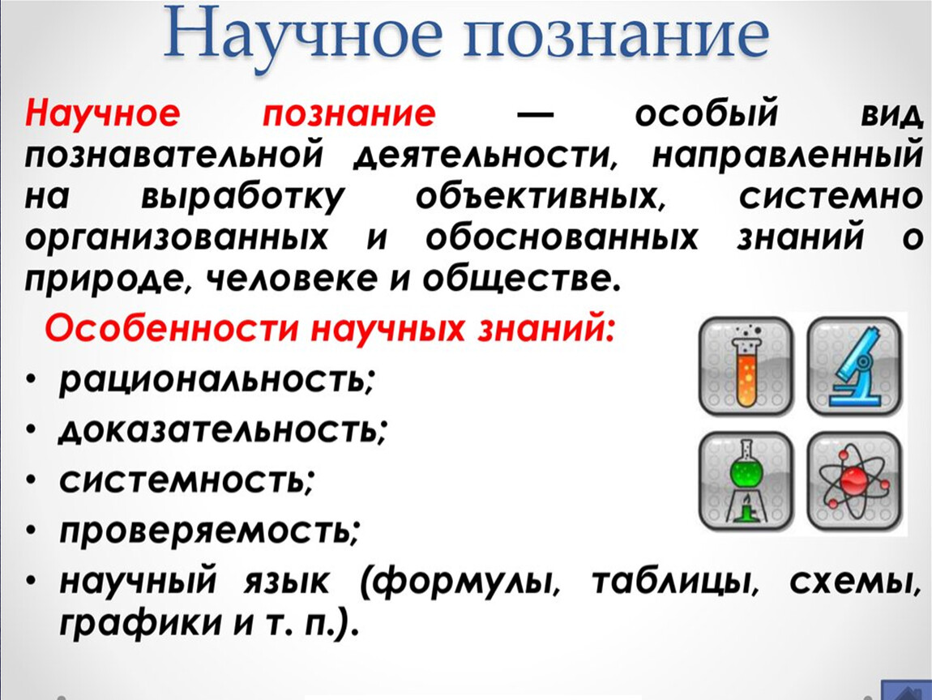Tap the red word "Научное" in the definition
(x=102, y=113)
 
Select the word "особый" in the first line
(x=706, y=112)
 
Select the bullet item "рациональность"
(x=217, y=379)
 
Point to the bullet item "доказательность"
(x=223, y=429)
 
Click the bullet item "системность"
(x=186, y=479)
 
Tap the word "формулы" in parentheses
(x=460, y=582)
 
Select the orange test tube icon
(x=746, y=366)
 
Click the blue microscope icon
(x=855, y=366)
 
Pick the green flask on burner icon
(x=746, y=480)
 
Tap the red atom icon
(x=855, y=480)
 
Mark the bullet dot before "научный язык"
(x=32, y=581)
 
